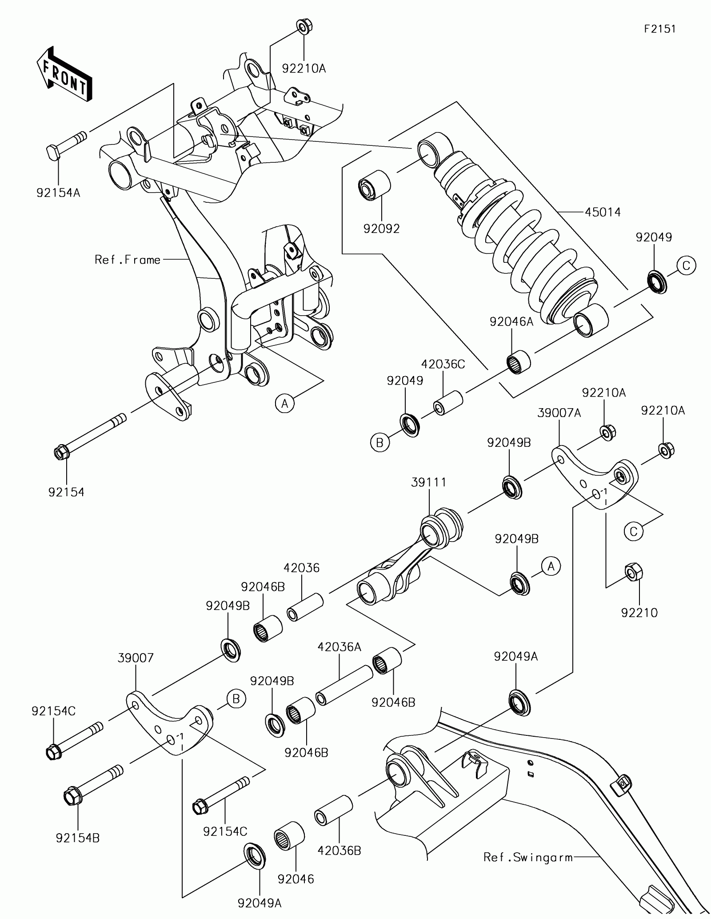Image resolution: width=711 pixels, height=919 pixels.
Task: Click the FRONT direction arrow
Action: pyautogui.click(x=64, y=73)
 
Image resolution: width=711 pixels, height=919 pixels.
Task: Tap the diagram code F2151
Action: pyautogui.click(x=660, y=29)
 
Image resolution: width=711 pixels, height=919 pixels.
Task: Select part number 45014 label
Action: pyautogui.click(x=603, y=212)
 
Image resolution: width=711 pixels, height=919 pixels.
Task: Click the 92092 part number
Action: pyautogui.click(x=381, y=229)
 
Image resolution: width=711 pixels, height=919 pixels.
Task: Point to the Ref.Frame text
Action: pyautogui.click(x=128, y=260)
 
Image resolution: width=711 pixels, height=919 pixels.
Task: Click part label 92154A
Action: pyautogui.click(x=58, y=193)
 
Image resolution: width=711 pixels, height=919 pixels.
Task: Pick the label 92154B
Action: pyautogui.click(x=78, y=838)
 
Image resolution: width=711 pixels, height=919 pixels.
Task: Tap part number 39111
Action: pyautogui.click(x=428, y=482)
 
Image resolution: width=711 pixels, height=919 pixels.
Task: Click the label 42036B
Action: pyautogui.click(x=339, y=851)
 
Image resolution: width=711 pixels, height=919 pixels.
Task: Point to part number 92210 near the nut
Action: pyautogui.click(x=639, y=613)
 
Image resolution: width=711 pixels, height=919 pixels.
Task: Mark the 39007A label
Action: pyautogui.click(x=559, y=413)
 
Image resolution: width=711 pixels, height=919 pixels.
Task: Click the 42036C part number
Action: pyautogui.click(x=443, y=364)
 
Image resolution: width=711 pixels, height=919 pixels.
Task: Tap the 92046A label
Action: pyautogui.click(x=511, y=322)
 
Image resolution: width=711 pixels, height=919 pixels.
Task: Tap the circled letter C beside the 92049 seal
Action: pyautogui.click(x=686, y=265)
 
